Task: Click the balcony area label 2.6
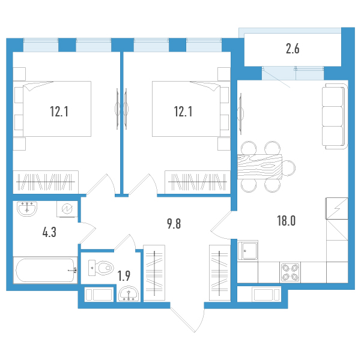coord(293,49)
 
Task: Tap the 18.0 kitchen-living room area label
coord(286,221)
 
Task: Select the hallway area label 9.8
coord(174,224)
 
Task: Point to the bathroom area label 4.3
coord(49,232)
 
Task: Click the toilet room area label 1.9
coord(124,276)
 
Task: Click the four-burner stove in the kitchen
coord(290,272)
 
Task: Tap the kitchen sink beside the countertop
coord(247,250)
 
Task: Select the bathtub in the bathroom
coord(46,270)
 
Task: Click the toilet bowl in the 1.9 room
coord(102,268)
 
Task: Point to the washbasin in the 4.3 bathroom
coord(27,209)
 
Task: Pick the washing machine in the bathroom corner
coord(67,209)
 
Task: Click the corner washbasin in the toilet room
coord(129,294)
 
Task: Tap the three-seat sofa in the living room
coord(335,116)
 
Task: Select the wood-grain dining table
coord(259,167)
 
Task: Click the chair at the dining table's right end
coord(289,167)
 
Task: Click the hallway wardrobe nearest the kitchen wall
coord(220,272)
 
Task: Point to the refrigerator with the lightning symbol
coord(336,208)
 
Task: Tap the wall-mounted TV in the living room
coord(241,113)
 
